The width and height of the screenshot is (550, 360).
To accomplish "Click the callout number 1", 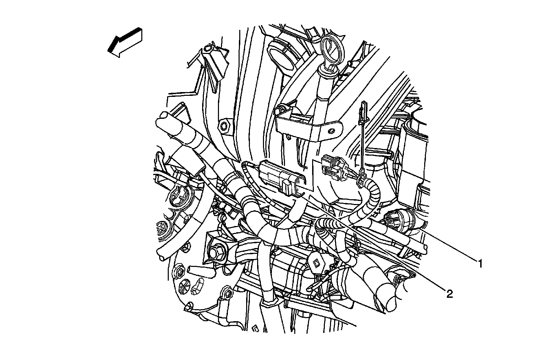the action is coord(480,263).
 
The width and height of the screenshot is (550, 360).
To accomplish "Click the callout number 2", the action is coord(449,293).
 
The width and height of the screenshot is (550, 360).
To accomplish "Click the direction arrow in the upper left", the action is coord(125,42).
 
